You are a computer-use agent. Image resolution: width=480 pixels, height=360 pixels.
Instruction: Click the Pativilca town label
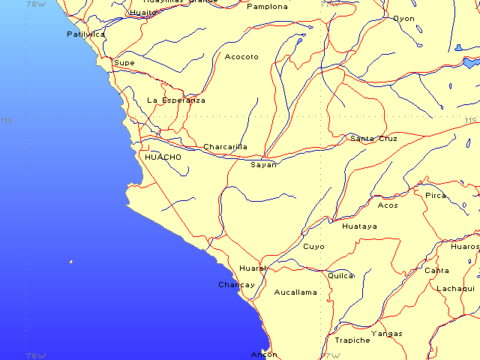[85, 34]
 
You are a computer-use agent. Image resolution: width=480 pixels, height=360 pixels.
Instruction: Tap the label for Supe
[124, 63]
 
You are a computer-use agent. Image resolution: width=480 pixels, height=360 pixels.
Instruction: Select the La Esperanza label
[175, 100]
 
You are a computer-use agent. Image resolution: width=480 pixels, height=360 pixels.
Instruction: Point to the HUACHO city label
[163, 157]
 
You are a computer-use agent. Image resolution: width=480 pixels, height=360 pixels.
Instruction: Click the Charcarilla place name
[225, 147]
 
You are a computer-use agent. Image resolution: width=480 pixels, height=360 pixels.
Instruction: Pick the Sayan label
[263, 164]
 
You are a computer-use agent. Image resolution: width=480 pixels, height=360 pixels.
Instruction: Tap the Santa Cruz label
[373, 139]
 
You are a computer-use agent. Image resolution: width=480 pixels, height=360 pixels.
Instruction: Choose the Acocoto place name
[241, 57]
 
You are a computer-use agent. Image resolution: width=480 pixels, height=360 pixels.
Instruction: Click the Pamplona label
[267, 7]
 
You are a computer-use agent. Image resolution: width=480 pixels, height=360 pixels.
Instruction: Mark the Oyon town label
[403, 19]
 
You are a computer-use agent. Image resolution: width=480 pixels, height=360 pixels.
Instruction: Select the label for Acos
[388, 205]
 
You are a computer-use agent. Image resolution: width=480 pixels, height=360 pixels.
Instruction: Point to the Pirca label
[436, 196]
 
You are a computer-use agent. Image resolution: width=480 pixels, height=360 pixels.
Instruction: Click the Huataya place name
[359, 226]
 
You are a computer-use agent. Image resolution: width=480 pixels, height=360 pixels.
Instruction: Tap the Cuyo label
[313, 246]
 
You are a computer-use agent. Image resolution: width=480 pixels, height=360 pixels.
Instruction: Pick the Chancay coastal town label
[236, 285]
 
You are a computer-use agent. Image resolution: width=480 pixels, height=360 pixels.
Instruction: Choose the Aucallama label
[295, 292]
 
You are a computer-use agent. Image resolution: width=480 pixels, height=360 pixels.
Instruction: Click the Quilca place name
[341, 275]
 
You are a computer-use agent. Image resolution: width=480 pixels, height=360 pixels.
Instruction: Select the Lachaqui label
[455, 288]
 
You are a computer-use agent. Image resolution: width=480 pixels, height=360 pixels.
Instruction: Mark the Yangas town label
[386, 333]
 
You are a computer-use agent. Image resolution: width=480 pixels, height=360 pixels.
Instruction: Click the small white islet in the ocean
[71, 262]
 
